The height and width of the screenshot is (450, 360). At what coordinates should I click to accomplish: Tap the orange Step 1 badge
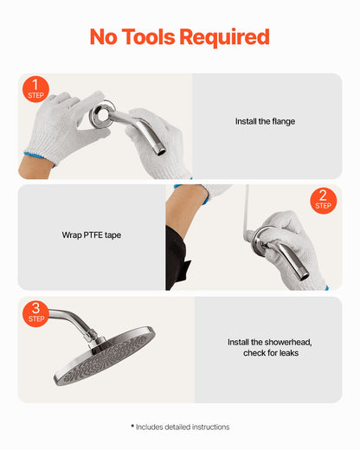point(35,88)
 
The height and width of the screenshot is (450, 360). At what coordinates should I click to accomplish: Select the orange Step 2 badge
point(323,200)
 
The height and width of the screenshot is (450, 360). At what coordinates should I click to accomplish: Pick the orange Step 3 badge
point(36,312)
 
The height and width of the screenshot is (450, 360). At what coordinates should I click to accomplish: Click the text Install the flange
point(265,122)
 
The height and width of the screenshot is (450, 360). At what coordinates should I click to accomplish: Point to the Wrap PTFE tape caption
point(92,235)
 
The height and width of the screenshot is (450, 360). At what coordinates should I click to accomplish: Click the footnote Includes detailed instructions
point(183,427)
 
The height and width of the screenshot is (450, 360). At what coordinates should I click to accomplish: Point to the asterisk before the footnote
point(132,426)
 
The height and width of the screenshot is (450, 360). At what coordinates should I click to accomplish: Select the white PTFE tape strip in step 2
point(247,212)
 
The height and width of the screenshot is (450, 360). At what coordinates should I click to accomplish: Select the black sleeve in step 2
point(175,260)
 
